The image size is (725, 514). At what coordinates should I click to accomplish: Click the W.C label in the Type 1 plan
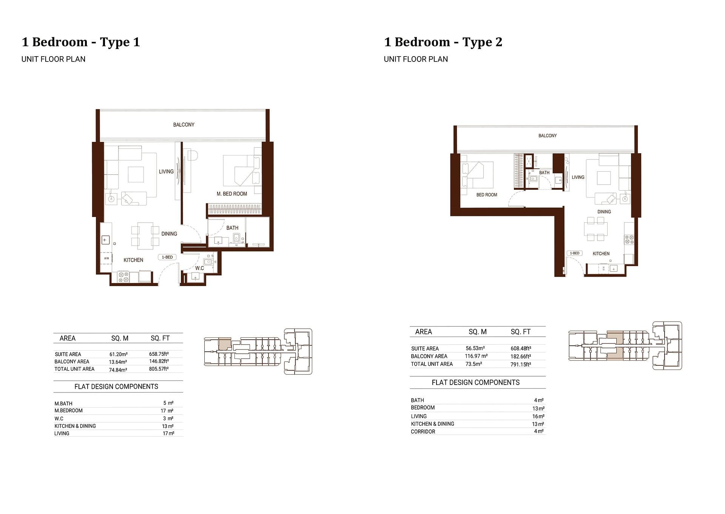[199, 268]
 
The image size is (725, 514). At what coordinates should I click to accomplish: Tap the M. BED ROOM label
[232, 194]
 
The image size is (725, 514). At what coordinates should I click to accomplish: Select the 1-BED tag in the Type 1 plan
[167, 257]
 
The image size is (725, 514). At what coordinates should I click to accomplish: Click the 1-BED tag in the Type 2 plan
[574, 253]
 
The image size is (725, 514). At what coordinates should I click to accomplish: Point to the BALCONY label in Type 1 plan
[184, 125]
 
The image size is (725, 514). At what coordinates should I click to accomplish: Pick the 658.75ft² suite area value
[159, 354]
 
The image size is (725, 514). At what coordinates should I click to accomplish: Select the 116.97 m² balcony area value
[476, 356]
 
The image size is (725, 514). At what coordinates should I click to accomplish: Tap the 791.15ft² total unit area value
[521, 364]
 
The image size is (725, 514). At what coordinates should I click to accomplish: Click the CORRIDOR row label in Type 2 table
[423, 431]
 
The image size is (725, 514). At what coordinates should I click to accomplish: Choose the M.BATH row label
[63, 403]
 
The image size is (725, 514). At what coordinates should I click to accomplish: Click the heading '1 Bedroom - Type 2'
[443, 42]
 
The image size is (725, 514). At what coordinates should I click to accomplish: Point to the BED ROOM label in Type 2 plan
[487, 195]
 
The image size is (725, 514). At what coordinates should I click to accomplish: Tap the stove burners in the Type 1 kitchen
[123, 277]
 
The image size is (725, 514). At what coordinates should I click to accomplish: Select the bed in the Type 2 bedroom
[477, 175]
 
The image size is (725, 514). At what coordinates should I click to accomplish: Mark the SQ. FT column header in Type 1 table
[160, 338]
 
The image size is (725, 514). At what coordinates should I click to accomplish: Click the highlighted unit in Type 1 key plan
[225, 344]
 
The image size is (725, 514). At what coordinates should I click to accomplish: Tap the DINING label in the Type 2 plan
[604, 212]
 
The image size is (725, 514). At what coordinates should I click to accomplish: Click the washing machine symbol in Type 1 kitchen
[106, 259]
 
